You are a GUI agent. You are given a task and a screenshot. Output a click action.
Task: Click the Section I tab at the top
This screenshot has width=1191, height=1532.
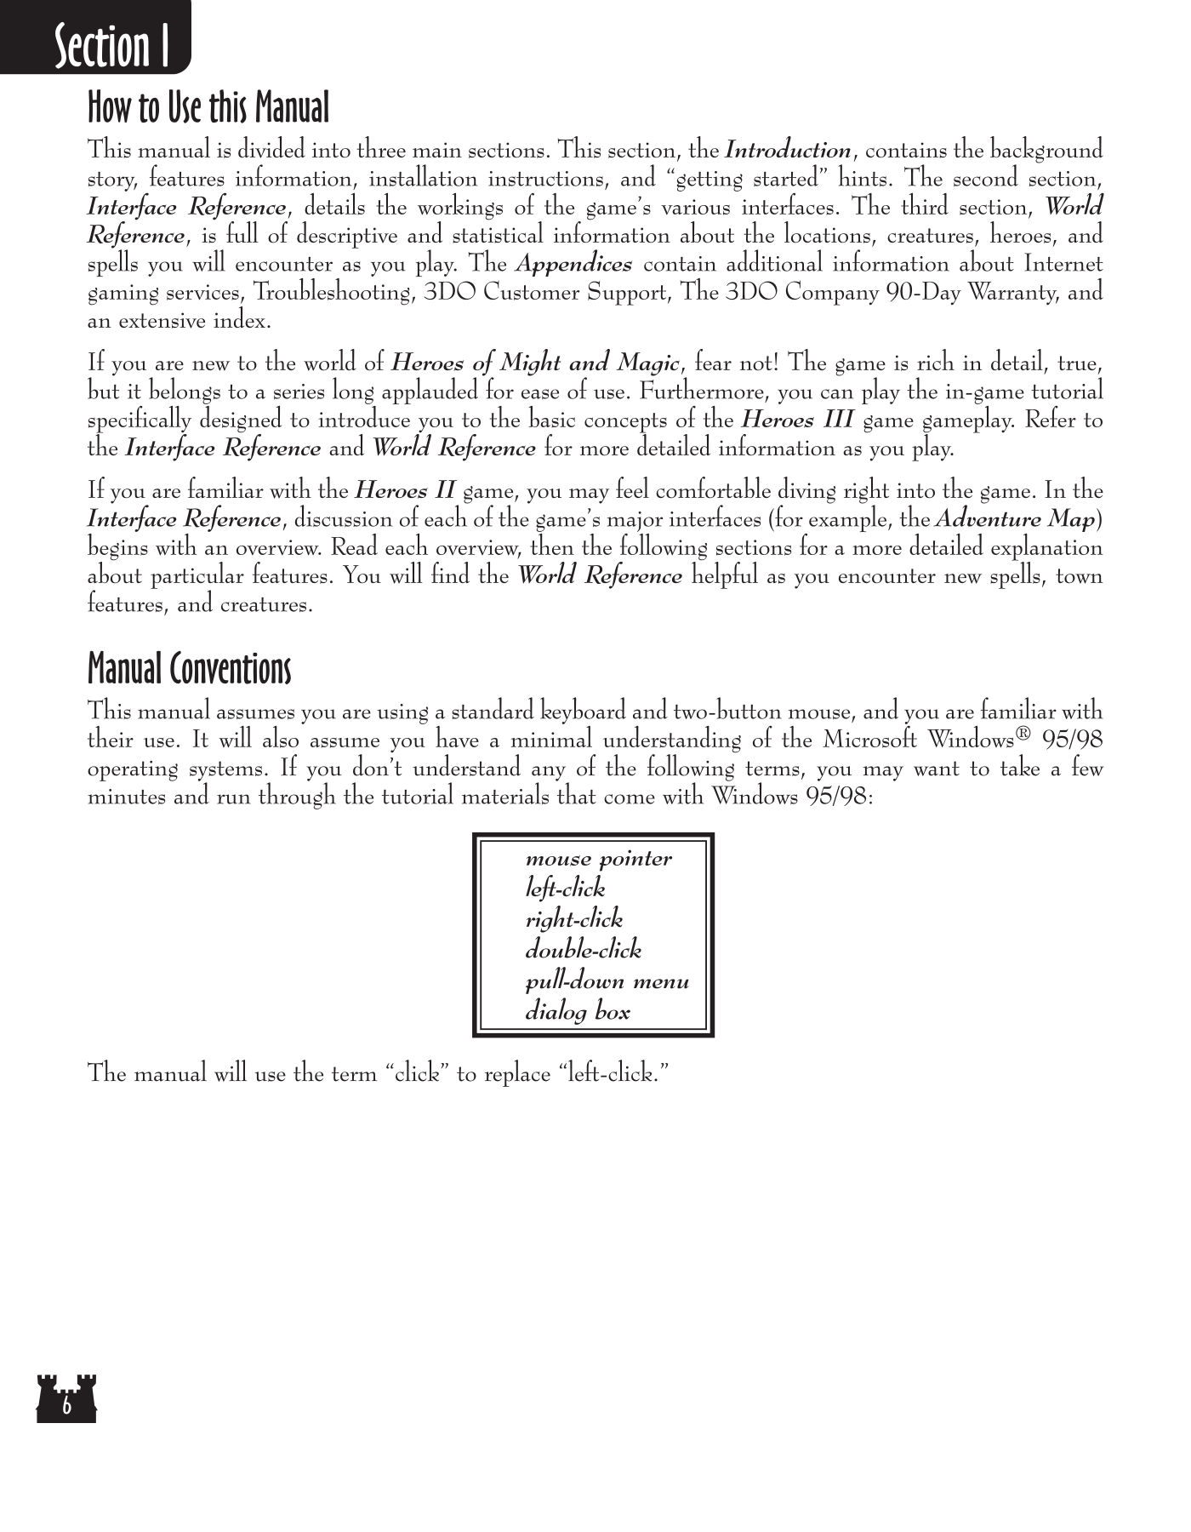(x=111, y=46)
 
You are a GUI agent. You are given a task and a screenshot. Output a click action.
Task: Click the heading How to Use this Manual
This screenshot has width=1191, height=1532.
(x=208, y=108)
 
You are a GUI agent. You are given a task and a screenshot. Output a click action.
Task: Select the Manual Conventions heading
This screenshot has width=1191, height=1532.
(x=189, y=669)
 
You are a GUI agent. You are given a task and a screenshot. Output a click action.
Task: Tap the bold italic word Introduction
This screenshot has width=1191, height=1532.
(x=787, y=151)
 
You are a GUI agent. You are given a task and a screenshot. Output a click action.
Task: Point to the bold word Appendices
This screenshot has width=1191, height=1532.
(x=573, y=265)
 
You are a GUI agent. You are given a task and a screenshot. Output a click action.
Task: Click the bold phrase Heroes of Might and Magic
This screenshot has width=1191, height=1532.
(x=534, y=363)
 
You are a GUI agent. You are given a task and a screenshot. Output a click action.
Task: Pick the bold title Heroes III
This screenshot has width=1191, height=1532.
(x=797, y=420)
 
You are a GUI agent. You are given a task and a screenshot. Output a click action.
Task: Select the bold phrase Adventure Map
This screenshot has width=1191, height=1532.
(x=1014, y=519)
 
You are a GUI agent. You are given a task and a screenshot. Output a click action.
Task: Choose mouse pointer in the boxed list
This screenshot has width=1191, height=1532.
(x=598, y=859)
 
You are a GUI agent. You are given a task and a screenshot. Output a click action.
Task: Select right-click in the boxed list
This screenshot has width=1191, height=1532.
(x=573, y=920)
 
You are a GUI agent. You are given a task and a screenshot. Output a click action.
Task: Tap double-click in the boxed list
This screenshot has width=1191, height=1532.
(x=583, y=951)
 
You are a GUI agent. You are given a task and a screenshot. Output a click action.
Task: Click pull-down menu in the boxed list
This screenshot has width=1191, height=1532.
(x=607, y=982)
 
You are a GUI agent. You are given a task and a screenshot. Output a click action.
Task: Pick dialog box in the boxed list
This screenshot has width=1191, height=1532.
(x=578, y=1013)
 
